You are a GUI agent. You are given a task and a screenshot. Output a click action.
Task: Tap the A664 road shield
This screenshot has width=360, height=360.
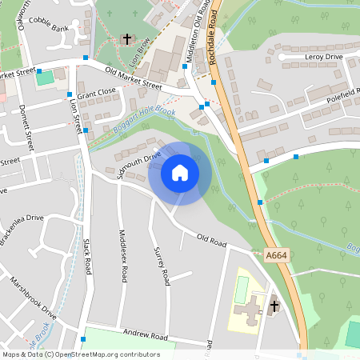click(x=276, y=255)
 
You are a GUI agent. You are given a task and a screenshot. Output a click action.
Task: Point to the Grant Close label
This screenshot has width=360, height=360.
click(x=98, y=94)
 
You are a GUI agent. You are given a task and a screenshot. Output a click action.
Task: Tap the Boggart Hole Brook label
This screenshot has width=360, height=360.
click(x=143, y=119)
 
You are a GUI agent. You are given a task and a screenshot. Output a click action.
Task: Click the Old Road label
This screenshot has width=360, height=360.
click(x=213, y=239)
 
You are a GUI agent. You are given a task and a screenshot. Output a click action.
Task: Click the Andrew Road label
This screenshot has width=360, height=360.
click(x=145, y=336)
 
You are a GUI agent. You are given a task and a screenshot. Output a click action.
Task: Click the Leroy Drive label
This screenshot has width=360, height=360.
click(x=322, y=57)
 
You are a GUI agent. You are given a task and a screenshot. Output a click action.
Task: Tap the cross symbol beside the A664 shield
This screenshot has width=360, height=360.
click(x=274, y=306)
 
